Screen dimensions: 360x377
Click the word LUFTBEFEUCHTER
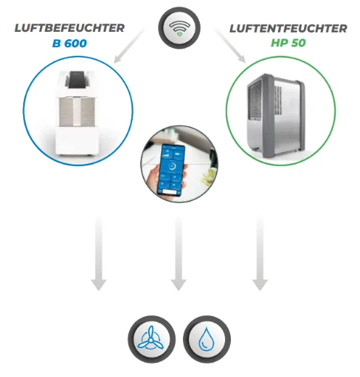pos(70,28)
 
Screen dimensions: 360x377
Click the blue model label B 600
pos(70,43)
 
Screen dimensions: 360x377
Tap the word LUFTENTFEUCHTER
pos(288,28)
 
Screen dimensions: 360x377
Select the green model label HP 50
pos(288,43)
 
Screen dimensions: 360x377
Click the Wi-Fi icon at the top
pos(179,28)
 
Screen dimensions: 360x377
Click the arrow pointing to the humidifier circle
pos(129,46)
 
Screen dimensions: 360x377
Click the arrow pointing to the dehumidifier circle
pos(230,46)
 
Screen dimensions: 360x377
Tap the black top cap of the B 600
pos(77,79)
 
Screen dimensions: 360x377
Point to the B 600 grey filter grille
pos(77,112)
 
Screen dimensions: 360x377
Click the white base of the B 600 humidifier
pos(77,141)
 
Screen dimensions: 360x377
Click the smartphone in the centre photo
pos(171,170)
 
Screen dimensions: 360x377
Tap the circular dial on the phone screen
pos(173,166)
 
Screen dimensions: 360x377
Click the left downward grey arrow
pos(99,254)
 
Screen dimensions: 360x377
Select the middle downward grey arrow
pos(179,254)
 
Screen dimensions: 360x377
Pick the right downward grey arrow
pos(260,254)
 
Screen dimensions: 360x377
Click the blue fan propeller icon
pos(150,340)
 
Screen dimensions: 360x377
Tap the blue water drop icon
pos(207,339)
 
